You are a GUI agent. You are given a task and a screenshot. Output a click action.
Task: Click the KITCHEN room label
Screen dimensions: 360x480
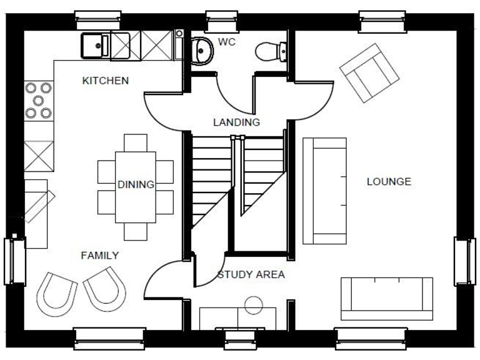(x=106, y=81)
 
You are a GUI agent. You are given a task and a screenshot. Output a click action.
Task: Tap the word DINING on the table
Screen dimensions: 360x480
(x=136, y=184)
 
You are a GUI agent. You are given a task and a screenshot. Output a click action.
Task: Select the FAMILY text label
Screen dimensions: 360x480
(x=99, y=256)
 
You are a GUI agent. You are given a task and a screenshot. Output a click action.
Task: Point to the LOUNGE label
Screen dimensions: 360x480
(x=389, y=182)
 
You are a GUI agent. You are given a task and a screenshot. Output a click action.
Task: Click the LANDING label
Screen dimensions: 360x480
(x=236, y=122)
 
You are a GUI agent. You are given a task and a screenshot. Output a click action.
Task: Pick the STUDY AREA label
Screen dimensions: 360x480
(x=251, y=274)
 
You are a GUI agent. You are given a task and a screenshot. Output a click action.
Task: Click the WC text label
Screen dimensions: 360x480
(x=226, y=42)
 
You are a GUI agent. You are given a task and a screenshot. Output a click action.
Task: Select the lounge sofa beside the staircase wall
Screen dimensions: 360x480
(x=324, y=191)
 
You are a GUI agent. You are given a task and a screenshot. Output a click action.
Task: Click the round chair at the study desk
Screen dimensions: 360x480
(x=254, y=306)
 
